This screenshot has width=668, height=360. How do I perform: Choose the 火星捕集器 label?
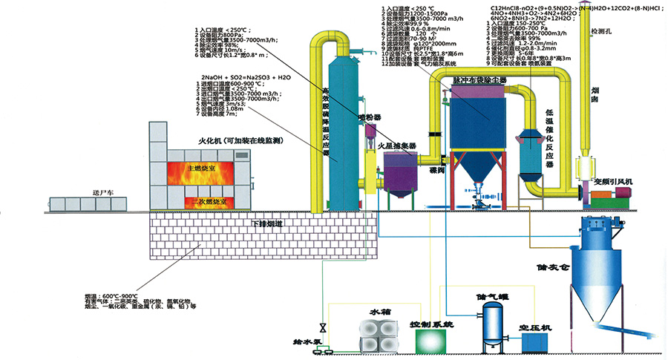pyautogui.click(x=396, y=145)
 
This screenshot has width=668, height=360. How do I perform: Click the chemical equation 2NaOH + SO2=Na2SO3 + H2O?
pyautogui.click(x=245, y=77)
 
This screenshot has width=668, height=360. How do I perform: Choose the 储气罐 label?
pyautogui.click(x=491, y=295)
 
